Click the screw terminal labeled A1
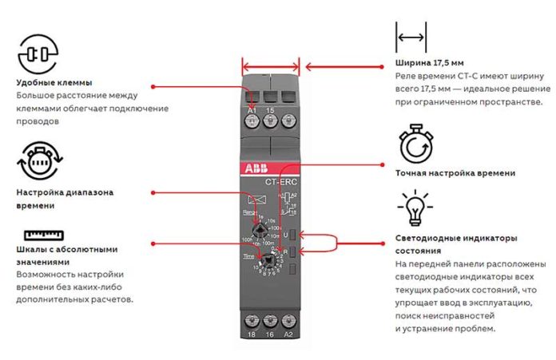[252, 121]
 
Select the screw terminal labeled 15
[269, 121]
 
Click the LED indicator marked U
[294, 235]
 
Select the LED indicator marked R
[294, 252]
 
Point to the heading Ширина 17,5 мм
[430, 62]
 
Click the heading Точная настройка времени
[455, 172]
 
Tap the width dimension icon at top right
[411, 37]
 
